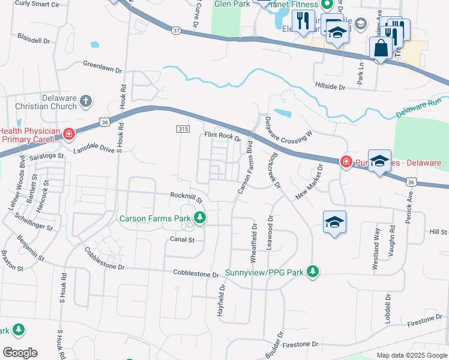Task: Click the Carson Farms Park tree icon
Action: coord(199,218)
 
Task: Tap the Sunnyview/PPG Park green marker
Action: coord(312,272)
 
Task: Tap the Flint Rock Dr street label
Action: coord(223,137)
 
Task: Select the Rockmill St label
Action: coord(186,195)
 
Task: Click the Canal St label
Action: coord(182,239)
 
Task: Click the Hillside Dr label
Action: coord(330,87)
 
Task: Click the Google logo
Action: coord(19,353)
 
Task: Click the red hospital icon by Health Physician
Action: coord(69,133)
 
